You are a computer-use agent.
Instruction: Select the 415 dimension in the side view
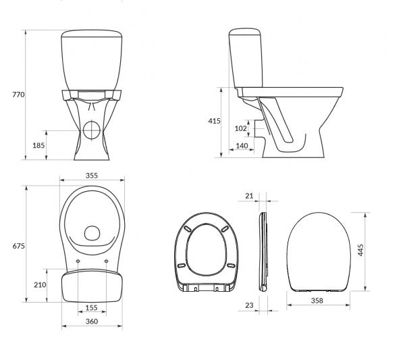[x=214, y=121]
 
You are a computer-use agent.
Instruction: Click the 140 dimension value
[x=240, y=146]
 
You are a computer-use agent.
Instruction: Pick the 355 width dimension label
[x=92, y=176]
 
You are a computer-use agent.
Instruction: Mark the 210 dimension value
[x=40, y=284]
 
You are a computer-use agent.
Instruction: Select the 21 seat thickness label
[x=249, y=195]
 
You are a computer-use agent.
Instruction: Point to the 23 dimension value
[x=249, y=305]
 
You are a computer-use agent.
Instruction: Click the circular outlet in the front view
[x=92, y=128]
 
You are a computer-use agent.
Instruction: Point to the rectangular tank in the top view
[x=92, y=287]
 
